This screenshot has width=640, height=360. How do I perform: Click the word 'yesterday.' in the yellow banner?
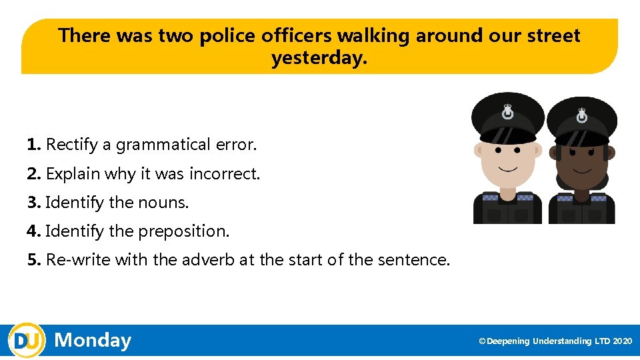click(x=319, y=59)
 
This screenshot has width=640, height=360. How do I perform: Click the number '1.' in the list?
click(x=35, y=145)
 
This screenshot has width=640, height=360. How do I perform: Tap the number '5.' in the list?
click(x=35, y=260)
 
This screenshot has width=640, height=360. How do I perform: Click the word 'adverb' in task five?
click(x=207, y=260)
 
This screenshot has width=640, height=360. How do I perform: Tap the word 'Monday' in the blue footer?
click(x=93, y=341)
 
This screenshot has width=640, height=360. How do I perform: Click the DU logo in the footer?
click(x=27, y=341)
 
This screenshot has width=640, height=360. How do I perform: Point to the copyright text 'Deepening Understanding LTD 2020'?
click(x=559, y=341)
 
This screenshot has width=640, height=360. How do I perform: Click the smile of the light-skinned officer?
click(x=509, y=167)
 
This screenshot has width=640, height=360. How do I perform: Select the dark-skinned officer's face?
click(x=582, y=163)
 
